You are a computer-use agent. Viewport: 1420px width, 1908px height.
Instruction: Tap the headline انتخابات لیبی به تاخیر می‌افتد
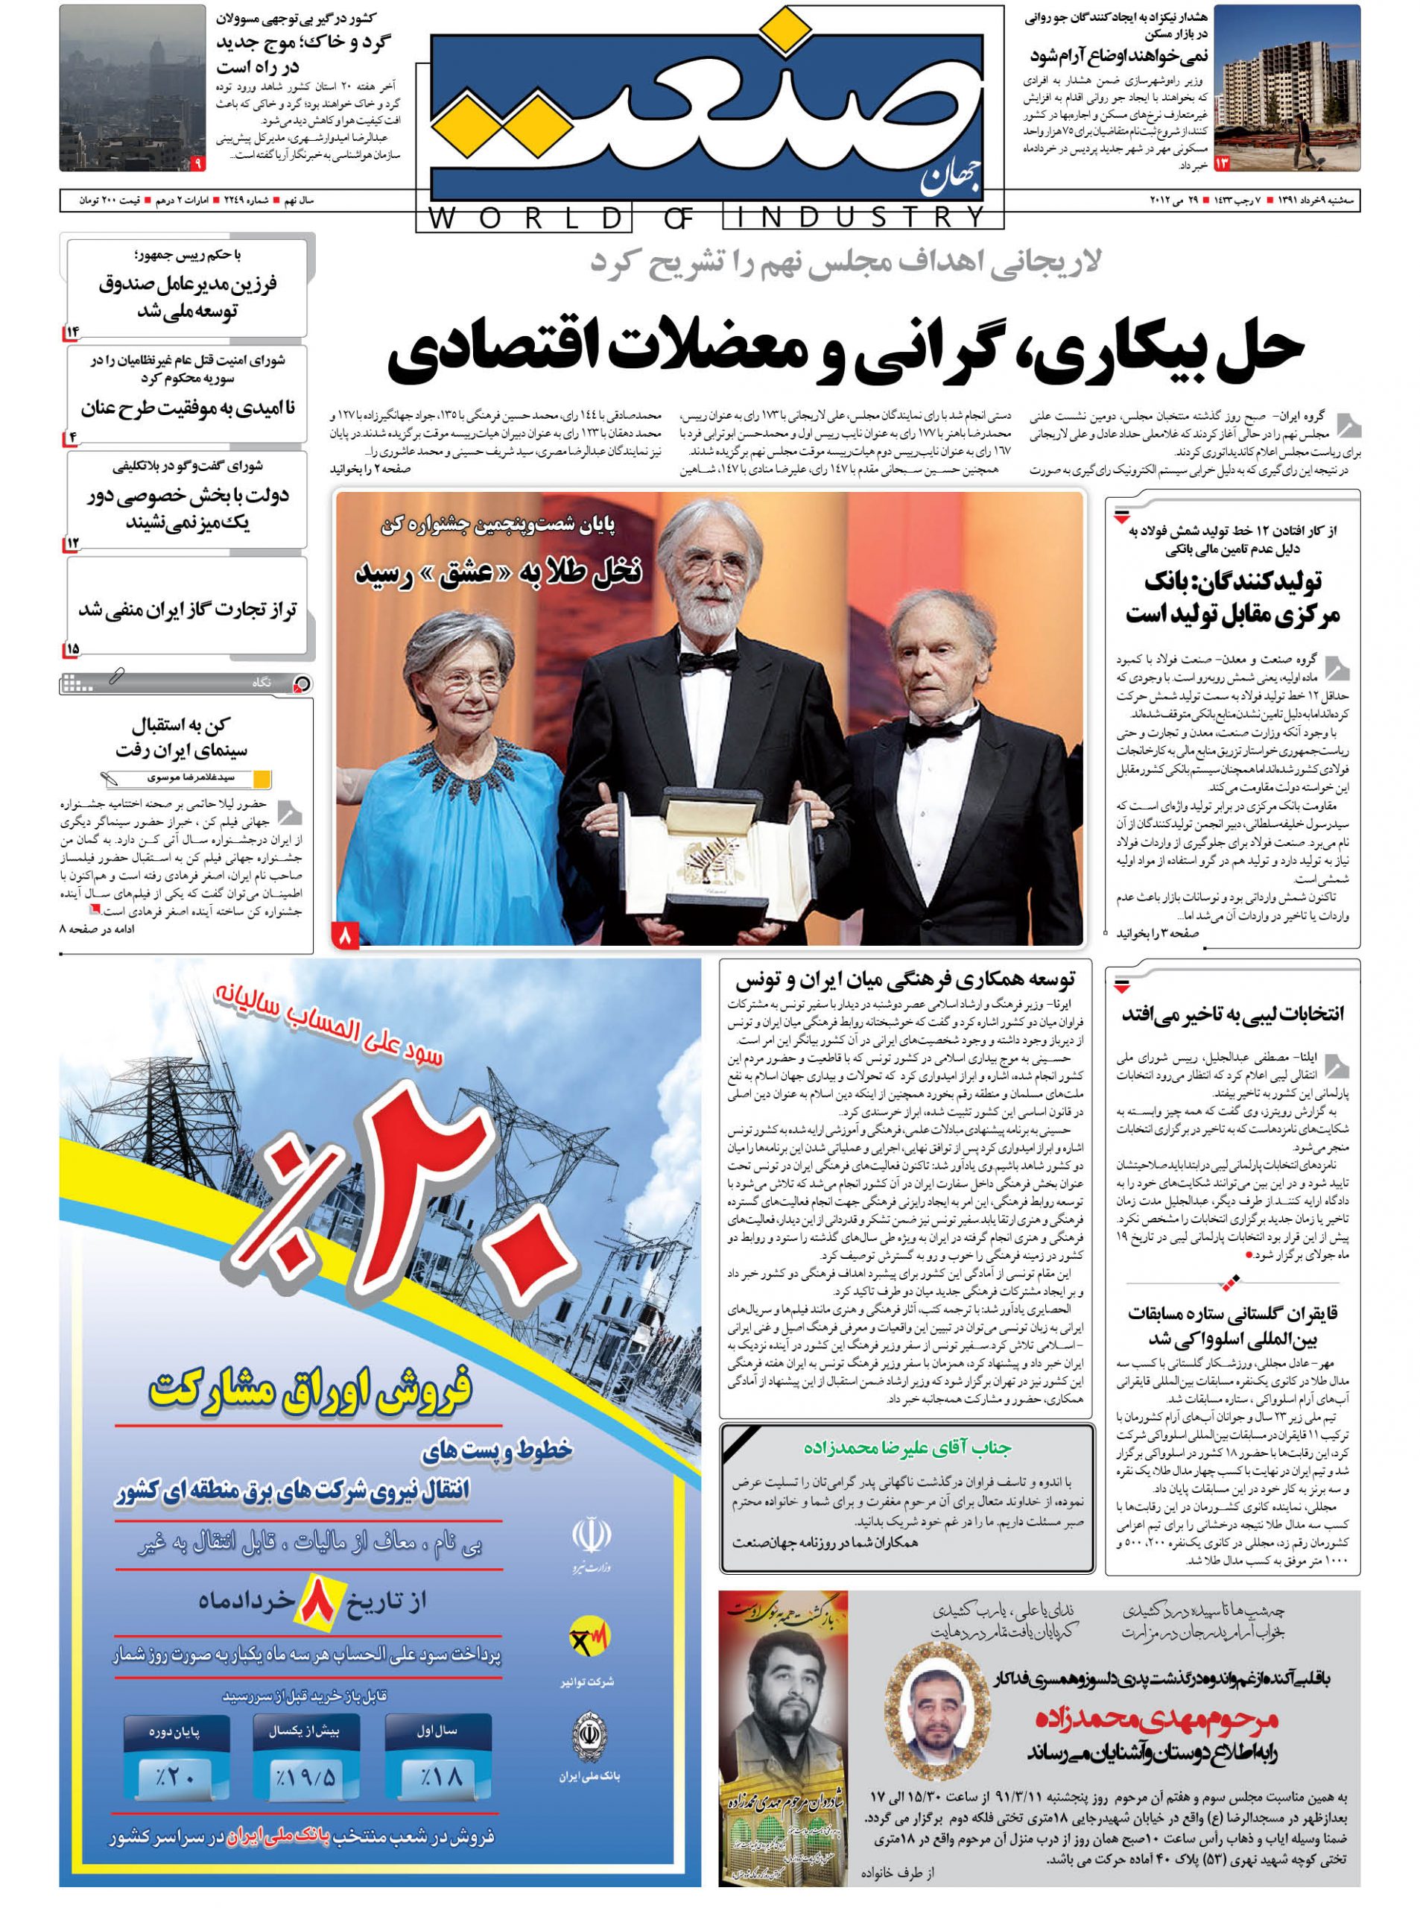pos(1232,1014)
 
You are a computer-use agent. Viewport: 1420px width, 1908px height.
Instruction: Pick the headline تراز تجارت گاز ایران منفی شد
pos(188,610)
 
